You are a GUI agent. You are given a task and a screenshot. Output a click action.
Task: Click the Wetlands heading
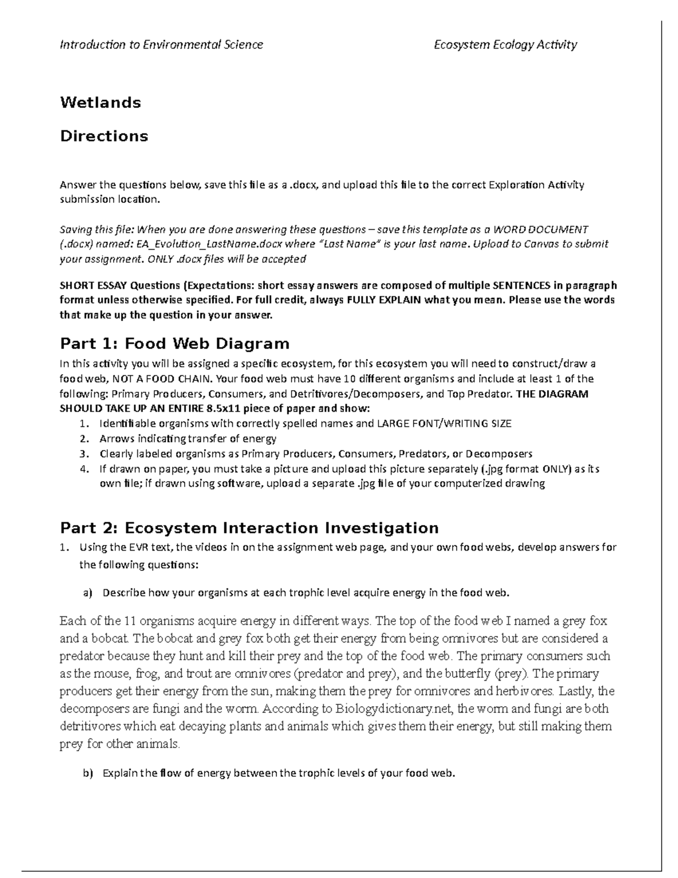point(101,102)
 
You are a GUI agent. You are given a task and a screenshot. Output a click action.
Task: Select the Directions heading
point(104,136)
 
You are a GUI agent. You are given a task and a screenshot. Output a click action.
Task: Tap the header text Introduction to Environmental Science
point(162,45)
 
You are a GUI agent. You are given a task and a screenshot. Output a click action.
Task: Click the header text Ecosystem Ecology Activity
point(505,45)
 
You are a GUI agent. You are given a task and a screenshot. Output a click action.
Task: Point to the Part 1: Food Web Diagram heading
point(175,344)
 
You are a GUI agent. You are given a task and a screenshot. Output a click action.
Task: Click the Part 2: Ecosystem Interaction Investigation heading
point(249,528)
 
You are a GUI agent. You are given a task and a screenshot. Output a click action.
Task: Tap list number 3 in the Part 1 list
point(84,453)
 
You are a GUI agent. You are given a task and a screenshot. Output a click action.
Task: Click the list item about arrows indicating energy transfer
point(188,439)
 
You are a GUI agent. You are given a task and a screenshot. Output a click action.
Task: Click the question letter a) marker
point(87,592)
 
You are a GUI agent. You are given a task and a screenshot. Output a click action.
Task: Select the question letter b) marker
point(87,774)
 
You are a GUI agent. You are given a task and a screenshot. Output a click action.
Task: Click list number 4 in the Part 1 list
point(84,469)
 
